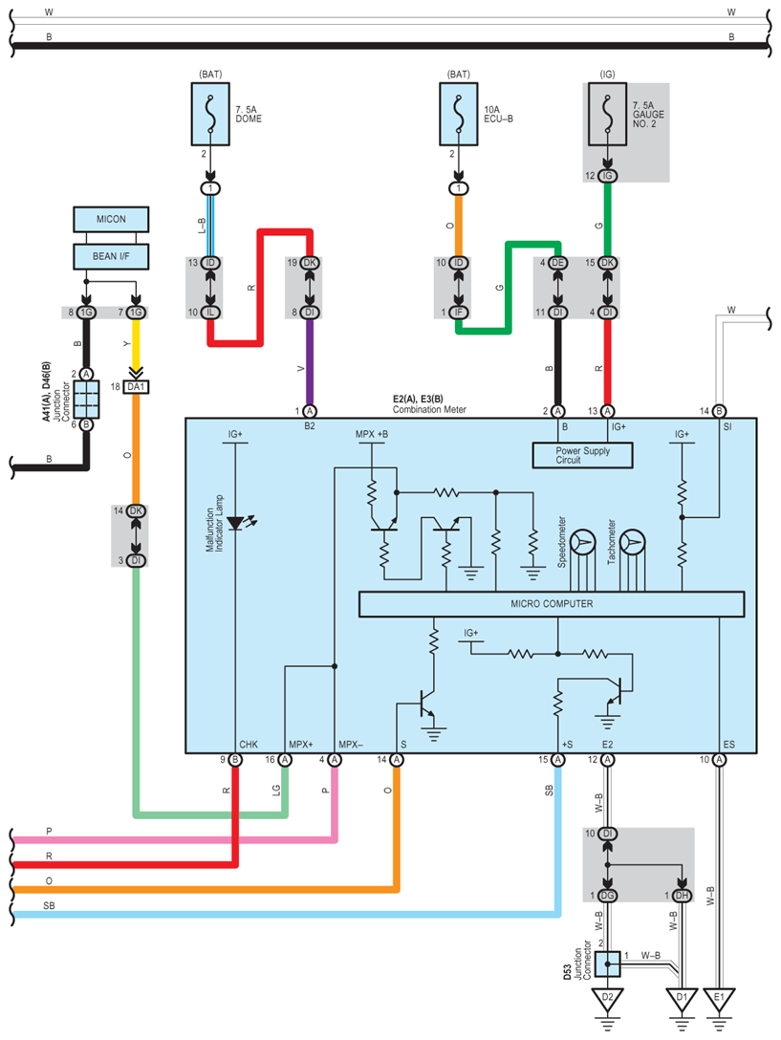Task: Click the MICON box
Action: [112, 220]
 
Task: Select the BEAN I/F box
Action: [112, 256]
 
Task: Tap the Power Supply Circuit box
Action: [583, 456]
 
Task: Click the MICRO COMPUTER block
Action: [551, 604]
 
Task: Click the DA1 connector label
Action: [137, 386]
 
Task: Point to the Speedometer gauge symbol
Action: [584, 543]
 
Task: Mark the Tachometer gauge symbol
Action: [631, 543]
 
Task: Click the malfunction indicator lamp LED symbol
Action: [235, 522]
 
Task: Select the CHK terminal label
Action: [249, 743]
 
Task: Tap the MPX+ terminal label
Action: [301, 743]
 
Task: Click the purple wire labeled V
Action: [310, 369]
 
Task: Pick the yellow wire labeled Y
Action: [137, 344]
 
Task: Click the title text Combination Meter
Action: [431, 409]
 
